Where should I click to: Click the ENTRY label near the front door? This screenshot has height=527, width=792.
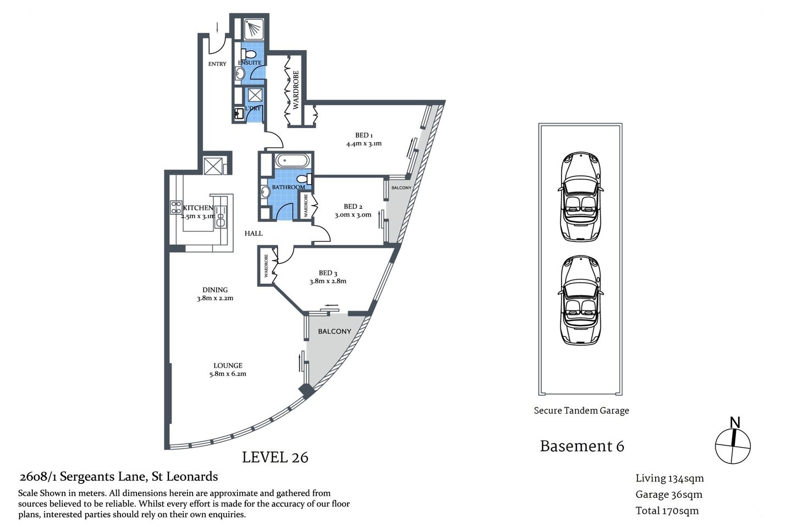tap(217, 64)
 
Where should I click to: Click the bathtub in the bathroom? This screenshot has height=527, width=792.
tap(292, 161)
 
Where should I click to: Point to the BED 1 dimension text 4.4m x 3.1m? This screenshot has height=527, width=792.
tap(364, 144)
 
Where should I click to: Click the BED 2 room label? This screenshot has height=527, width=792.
tap(353, 207)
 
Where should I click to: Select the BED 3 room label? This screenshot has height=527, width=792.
tap(328, 273)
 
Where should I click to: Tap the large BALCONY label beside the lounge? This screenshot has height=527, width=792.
tap(334, 331)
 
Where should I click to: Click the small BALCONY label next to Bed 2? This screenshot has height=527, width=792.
tap(401, 188)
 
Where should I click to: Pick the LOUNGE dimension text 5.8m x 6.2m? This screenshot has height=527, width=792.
tap(228, 374)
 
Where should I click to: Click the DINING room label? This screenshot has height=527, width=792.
tap(215, 290)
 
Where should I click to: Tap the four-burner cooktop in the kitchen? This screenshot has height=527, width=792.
tap(176, 207)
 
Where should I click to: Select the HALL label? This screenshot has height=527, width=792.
tap(254, 234)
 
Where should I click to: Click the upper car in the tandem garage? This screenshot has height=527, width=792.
tap(581, 196)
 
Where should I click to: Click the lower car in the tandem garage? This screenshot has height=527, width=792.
tap(581, 300)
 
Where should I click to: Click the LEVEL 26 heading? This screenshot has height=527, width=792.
tap(275, 457)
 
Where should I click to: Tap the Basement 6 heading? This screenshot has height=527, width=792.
tap(582, 446)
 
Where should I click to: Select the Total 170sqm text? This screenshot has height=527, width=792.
tap(667, 511)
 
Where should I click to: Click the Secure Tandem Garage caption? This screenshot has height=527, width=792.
tap(581, 410)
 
